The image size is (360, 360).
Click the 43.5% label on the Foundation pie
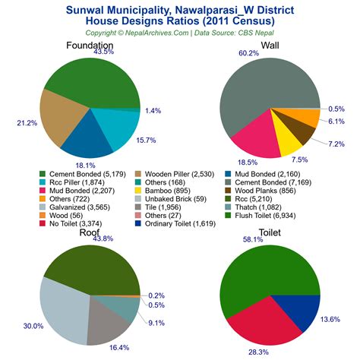point(103,52)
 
